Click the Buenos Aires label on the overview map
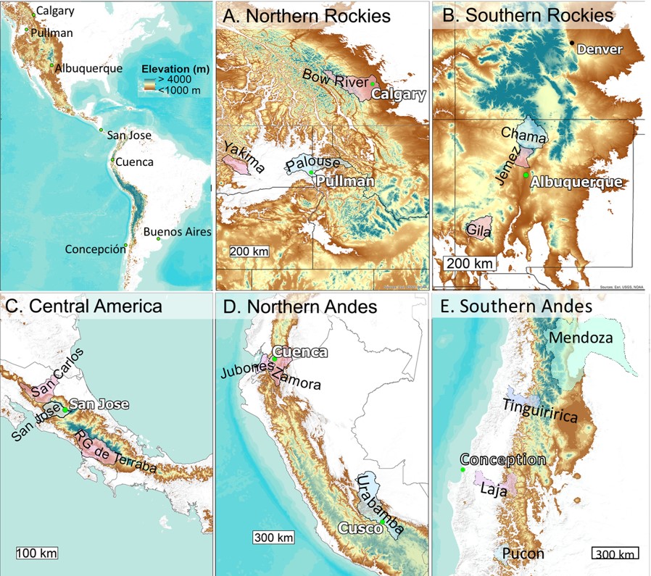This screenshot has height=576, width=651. pos(177,232)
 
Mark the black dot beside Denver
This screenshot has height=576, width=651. pos(572,43)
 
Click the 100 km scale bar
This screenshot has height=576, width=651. pos(36,554)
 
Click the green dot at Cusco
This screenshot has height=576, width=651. pos(382,522)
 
